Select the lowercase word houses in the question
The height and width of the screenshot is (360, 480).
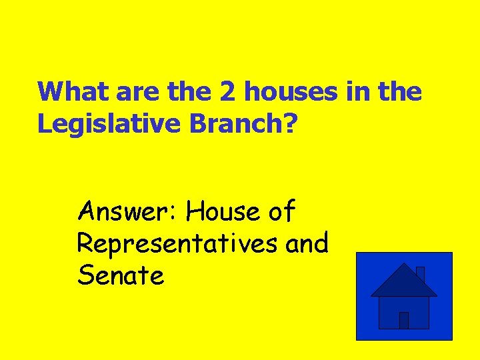[292, 92]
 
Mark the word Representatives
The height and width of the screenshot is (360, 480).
[177, 244]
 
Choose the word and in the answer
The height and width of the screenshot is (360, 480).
[307, 244]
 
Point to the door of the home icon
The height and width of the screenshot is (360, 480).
[403, 320]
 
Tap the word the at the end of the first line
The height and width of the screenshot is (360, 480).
[399, 92]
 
